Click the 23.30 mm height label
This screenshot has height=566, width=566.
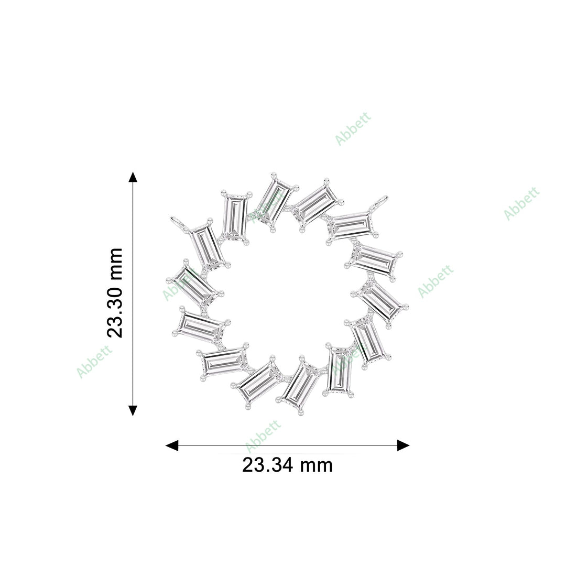114,293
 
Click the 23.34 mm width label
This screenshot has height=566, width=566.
287,465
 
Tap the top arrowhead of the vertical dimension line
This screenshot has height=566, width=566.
133,177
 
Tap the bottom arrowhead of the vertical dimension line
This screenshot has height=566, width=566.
133,410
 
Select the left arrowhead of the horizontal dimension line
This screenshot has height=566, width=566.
172,445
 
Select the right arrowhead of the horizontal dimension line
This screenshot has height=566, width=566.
403,445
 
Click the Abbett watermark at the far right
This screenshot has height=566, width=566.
521,203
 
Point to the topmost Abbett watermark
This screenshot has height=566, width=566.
353,128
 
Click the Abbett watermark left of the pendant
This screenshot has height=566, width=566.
94,362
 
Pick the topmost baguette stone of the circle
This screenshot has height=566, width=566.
275,201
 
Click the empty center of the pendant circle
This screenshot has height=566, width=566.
287,293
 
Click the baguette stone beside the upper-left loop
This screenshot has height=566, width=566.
206,246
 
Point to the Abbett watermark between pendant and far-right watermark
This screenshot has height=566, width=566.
436,281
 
